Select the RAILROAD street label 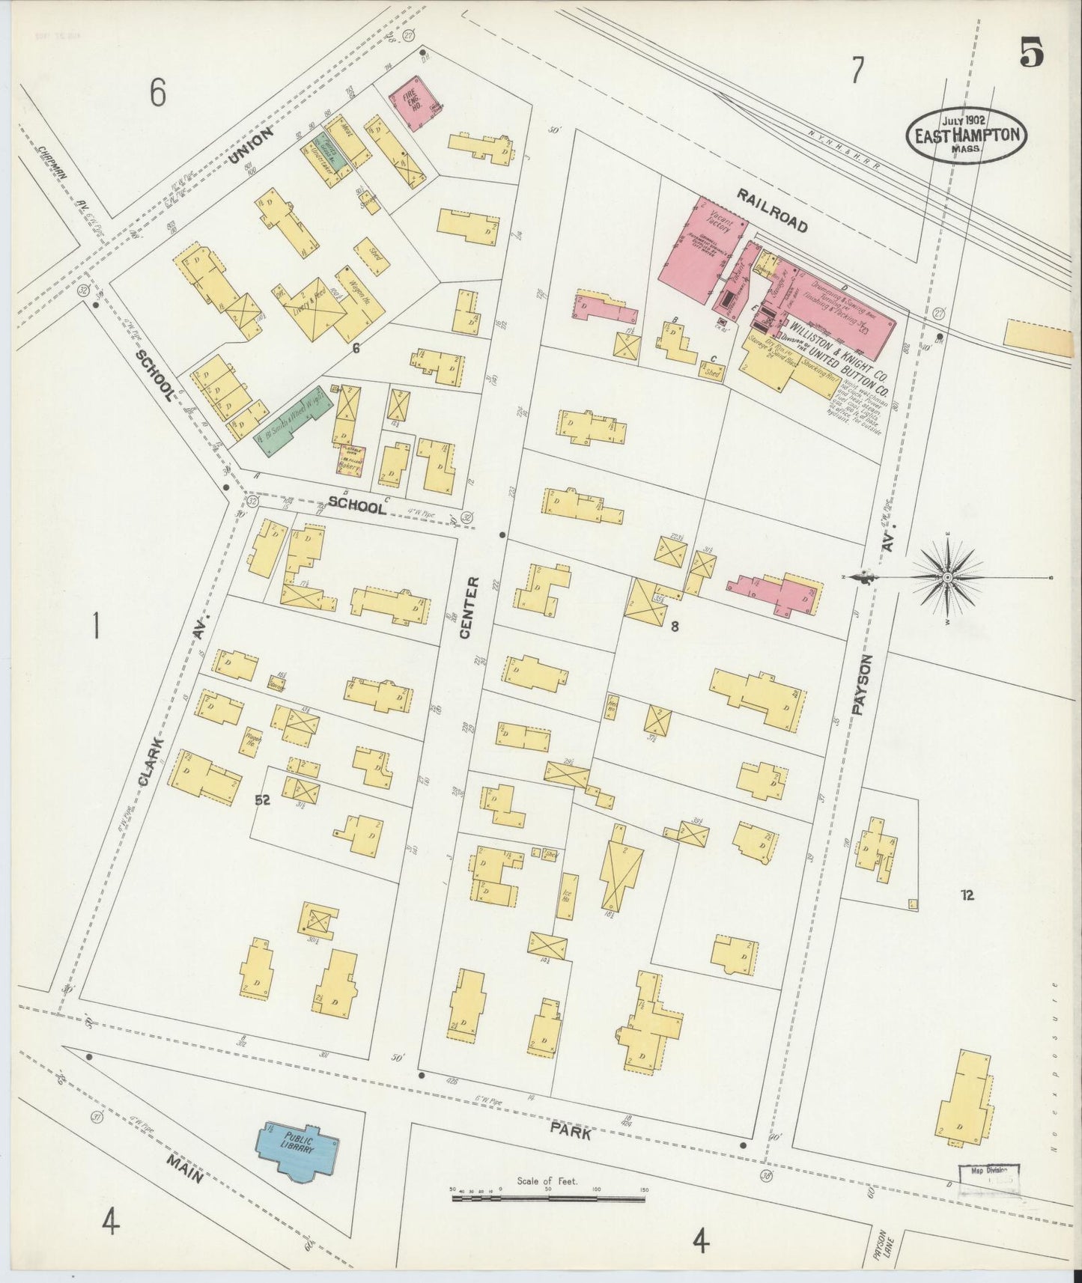(771, 210)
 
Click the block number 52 (262, 800)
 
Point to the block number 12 (967, 895)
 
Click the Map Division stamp (990, 1175)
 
